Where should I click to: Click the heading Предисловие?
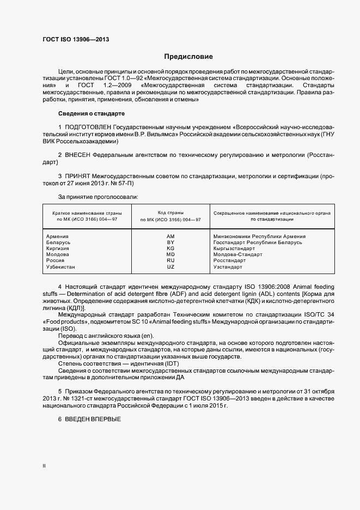coord(189,57)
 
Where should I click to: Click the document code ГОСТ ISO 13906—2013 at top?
coord(72,39)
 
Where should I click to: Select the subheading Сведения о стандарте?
coord(91,113)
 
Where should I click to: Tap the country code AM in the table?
coord(170,236)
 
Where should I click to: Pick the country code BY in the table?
coord(170,242)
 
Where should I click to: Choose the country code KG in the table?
coord(170,248)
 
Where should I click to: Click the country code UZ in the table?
coord(170,267)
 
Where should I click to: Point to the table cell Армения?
coord(58,236)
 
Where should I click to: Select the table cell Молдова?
coord(58,254)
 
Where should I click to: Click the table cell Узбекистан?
coord(61,267)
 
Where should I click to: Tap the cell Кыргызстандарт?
coord(234,248)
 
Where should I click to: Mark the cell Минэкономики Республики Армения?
coord(259,236)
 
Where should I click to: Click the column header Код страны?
coord(170,212)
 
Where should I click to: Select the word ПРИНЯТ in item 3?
coord(78,177)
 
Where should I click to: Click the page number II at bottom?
coord(44,466)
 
